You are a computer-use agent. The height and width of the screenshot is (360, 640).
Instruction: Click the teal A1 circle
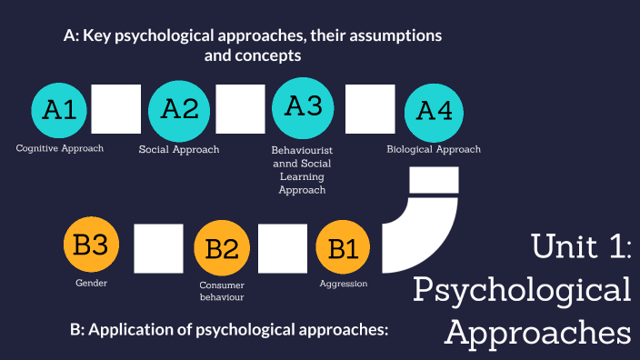coord(60,110)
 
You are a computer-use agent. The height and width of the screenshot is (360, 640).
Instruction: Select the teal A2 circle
coord(179,109)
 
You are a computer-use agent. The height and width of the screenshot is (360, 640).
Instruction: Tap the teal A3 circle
coord(304,106)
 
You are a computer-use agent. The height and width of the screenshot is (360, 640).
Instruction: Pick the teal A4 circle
coord(434,111)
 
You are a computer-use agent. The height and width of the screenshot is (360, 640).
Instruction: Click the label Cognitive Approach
coord(60,148)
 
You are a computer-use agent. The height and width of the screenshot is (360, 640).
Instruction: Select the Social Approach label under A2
coord(179,149)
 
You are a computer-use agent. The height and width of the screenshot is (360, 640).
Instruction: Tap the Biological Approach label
coord(434,149)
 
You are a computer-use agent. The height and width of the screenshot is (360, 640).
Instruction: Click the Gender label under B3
coord(91,284)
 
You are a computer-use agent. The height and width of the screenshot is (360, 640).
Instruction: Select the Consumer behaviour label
coord(222,291)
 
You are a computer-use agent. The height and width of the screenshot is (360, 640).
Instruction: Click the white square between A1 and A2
coord(116,108)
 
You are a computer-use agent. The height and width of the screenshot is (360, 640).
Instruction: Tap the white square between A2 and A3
coord(240,108)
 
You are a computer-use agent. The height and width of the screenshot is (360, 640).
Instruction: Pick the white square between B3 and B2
coord(158,248)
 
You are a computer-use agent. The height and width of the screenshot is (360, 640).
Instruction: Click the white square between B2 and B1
coord(282,248)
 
